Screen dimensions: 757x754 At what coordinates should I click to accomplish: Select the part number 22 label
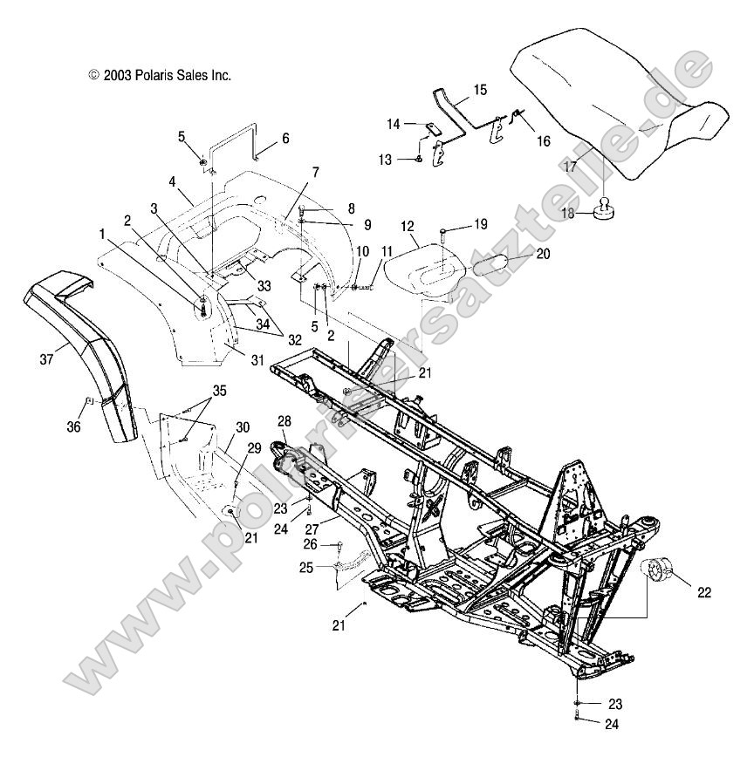pyautogui.click(x=703, y=593)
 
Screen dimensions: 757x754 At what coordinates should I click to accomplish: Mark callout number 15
pyautogui.click(x=481, y=90)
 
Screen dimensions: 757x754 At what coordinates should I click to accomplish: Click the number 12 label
pyautogui.click(x=406, y=226)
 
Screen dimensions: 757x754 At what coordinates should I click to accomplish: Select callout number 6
pyautogui.click(x=284, y=138)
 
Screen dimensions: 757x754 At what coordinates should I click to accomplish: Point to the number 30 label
pyautogui.click(x=243, y=427)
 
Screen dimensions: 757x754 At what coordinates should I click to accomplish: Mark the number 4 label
pyautogui.click(x=172, y=181)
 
